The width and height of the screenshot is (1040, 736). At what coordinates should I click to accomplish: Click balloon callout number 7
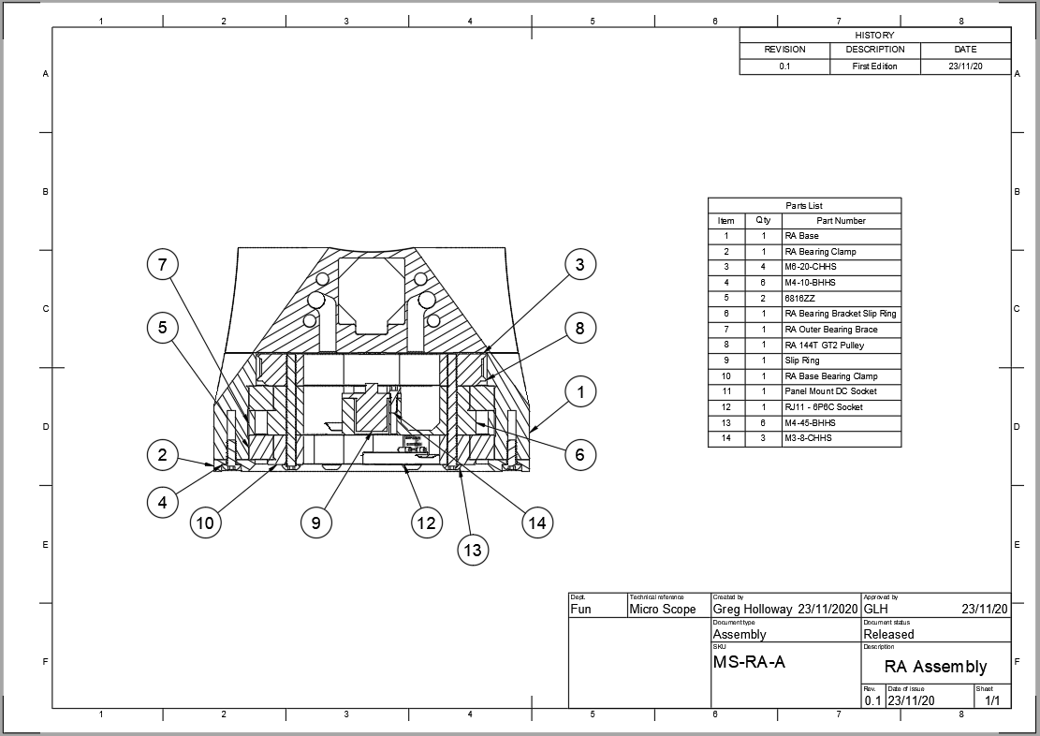tap(163, 265)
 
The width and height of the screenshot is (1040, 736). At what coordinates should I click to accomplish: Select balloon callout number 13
tap(473, 551)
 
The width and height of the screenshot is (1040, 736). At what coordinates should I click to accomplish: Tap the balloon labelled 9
tap(315, 523)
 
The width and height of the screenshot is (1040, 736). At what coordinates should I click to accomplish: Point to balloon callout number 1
tap(581, 392)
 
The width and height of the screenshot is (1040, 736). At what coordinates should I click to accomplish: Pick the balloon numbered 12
tap(427, 523)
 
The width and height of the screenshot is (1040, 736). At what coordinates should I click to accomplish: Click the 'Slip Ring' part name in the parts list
tap(802, 361)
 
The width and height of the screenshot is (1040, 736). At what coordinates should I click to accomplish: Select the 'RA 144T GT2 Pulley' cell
tap(825, 346)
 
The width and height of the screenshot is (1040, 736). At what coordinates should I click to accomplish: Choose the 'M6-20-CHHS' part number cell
tap(811, 267)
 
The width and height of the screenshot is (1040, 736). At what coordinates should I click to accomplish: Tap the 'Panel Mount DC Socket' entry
tap(830, 391)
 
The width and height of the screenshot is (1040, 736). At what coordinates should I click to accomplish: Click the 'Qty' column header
tap(764, 220)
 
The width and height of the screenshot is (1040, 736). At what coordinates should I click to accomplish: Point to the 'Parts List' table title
tap(804, 206)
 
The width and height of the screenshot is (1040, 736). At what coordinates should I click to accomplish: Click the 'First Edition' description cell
tap(875, 66)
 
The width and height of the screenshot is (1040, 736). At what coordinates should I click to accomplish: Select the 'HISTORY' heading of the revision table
tap(875, 36)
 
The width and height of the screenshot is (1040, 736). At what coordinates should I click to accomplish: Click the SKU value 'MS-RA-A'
tap(750, 662)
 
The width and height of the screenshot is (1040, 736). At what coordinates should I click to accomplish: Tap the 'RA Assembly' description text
tap(936, 667)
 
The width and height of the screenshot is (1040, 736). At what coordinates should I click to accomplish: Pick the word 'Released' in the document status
tap(888, 635)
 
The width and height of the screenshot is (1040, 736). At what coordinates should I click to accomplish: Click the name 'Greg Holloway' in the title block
tap(753, 610)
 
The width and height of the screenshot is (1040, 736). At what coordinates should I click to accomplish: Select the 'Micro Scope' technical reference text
tap(663, 610)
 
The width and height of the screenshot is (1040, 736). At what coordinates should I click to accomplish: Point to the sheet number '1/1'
tap(992, 700)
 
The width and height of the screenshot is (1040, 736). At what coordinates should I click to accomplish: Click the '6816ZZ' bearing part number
tap(800, 298)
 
